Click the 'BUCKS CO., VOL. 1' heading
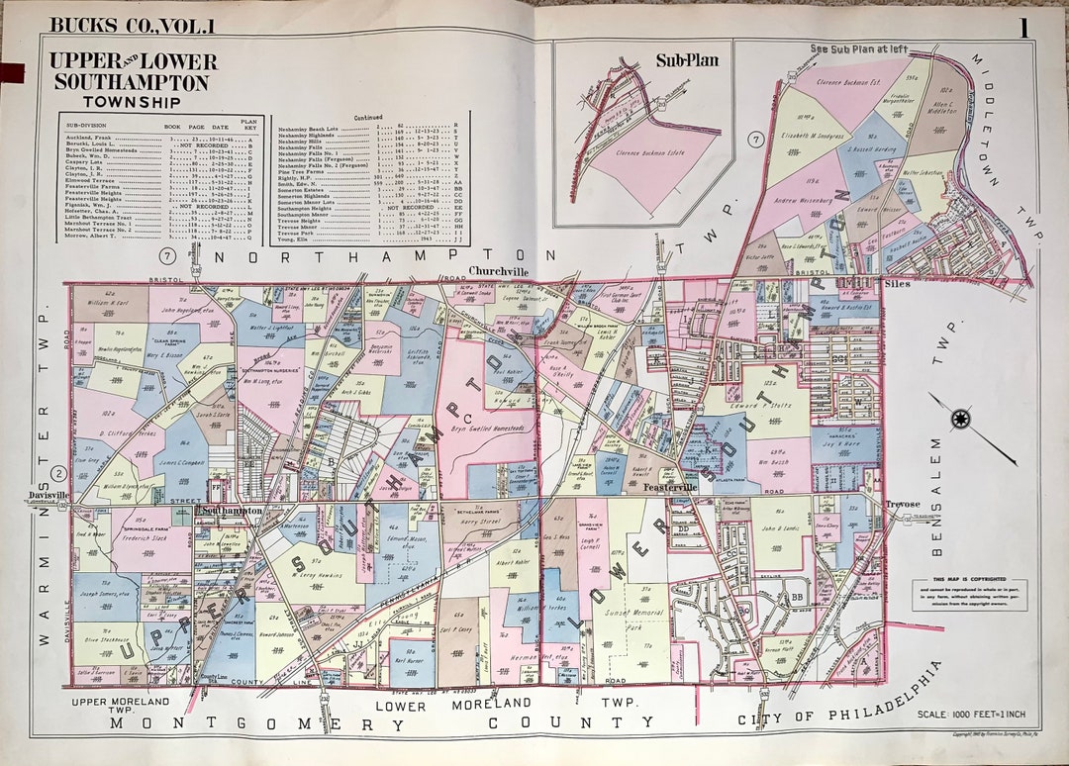[132, 26]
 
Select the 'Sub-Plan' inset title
[687, 60]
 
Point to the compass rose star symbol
[959, 419]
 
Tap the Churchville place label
[499, 270]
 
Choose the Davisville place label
[49, 494]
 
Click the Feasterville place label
[671, 488]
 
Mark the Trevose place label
[902, 504]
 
